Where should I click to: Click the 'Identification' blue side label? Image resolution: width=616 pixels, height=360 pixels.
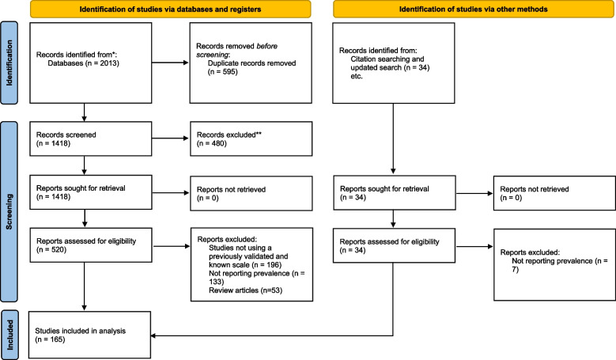[x=9, y=63]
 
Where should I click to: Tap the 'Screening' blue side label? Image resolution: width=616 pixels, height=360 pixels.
[x=9, y=211]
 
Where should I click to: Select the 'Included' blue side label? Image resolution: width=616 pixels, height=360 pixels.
[x=9, y=335]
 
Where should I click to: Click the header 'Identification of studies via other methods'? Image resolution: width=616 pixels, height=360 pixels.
[x=474, y=9]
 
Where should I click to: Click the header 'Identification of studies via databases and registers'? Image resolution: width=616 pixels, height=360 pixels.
[x=170, y=9]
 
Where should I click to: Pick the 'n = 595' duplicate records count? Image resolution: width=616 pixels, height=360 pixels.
[x=223, y=72]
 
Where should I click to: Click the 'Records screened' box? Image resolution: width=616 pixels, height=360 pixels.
[x=91, y=138]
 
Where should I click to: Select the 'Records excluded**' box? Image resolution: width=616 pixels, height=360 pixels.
[x=251, y=138]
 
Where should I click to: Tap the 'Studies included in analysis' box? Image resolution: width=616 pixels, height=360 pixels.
[x=89, y=335]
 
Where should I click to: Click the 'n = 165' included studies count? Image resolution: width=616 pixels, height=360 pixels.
[x=50, y=339]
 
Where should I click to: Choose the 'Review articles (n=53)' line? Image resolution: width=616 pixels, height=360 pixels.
[x=246, y=290]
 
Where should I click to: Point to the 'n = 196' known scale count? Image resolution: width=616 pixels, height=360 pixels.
[x=266, y=265]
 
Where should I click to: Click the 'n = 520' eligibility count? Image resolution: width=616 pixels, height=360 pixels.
[x=51, y=250]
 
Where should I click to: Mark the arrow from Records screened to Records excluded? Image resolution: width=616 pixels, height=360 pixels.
[x=170, y=138]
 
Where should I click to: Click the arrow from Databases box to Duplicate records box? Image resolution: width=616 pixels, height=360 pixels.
[x=170, y=63]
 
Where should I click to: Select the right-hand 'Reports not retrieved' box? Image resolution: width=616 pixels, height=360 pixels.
[x=554, y=193]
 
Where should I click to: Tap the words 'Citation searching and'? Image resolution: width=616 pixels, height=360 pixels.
[x=387, y=59]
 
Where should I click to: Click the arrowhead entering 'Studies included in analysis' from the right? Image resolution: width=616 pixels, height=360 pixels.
[x=153, y=335]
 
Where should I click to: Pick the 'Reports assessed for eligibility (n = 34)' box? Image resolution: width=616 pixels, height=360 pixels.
[x=394, y=245]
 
